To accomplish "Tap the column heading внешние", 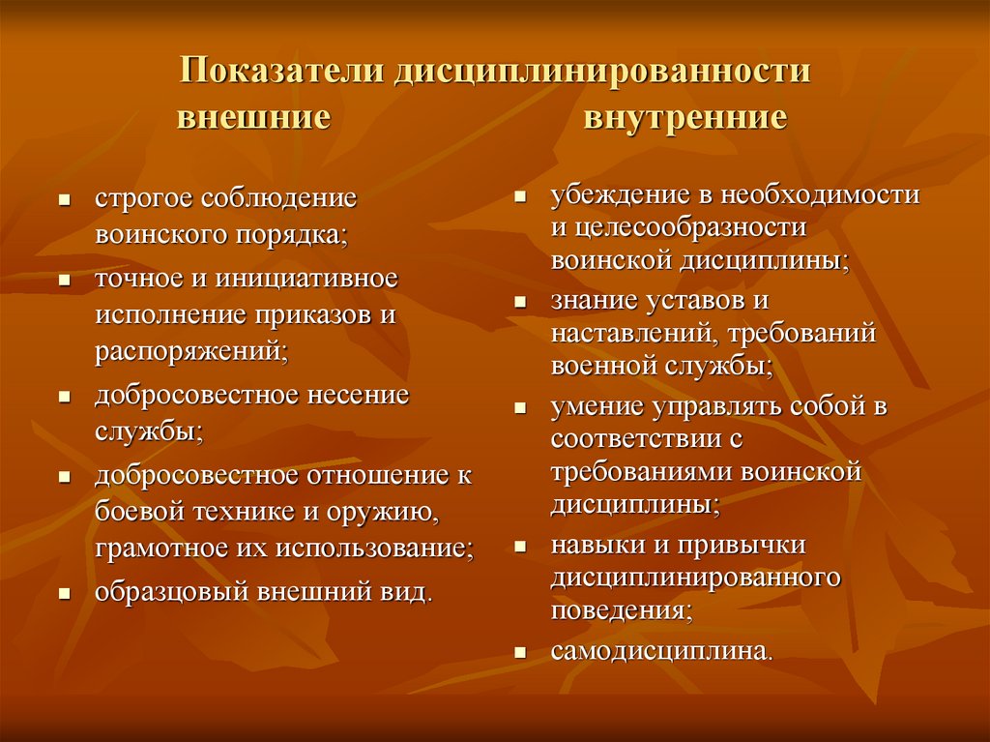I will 252,119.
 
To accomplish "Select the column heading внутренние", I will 684,119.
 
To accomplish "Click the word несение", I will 359,396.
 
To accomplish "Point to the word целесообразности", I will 690,228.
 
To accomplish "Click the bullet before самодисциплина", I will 520,653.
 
